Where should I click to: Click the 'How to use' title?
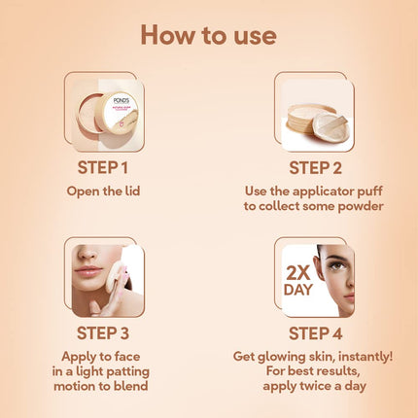click(x=209, y=35)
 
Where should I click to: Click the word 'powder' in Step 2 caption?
click(x=362, y=205)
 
